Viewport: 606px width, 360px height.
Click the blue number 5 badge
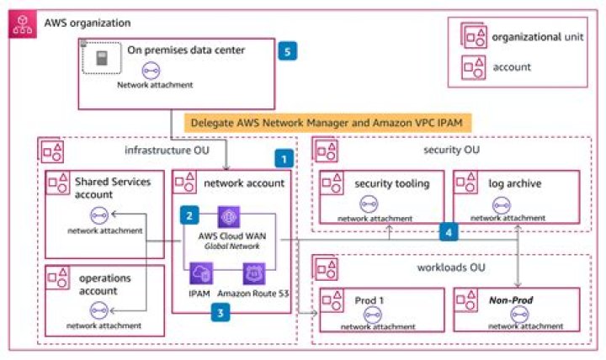coord(288,51)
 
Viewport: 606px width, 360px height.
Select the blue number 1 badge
coord(284,159)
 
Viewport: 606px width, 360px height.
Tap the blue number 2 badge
coord(189,215)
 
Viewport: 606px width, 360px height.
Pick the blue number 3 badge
coord(221,313)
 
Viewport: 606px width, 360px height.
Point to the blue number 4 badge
coord(449,232)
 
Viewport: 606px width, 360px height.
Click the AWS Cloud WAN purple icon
coord(229,217)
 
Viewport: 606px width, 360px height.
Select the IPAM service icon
coord(201,274)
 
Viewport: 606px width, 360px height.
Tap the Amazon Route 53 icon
coord(254,274)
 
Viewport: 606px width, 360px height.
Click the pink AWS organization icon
coord(23,24)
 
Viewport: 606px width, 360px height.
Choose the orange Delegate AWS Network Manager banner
coord(327,123)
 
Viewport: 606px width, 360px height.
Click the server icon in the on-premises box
coord(102,58)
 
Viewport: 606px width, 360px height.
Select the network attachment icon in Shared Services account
coord(99,215)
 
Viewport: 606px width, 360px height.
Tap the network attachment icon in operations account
coord(99,310)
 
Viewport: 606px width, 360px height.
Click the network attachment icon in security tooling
coord(369,204)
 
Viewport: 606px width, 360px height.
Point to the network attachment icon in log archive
coord(502,205)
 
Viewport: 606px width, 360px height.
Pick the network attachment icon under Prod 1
coord(373,315)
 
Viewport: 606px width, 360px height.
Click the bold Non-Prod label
coord(511,300)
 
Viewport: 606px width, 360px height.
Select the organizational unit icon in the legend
coord(474,35)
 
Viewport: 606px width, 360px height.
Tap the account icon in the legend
coord(473,67)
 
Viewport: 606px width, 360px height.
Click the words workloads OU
coord(451,267)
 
